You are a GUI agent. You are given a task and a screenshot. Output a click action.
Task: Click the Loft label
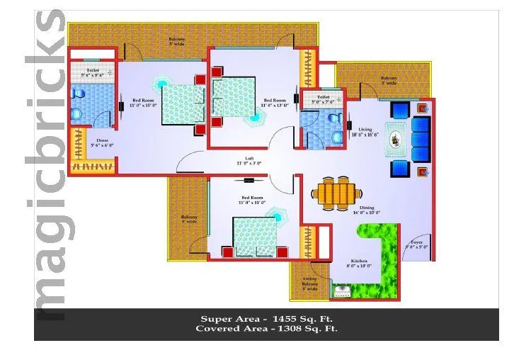(249, 160)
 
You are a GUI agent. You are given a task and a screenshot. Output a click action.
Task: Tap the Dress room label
(102, 142)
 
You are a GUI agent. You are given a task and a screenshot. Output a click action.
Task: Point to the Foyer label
(418, 244)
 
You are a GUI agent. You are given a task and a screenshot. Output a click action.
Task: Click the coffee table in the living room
(395, 139)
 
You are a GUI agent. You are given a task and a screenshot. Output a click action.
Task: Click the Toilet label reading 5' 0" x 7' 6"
(323, 100)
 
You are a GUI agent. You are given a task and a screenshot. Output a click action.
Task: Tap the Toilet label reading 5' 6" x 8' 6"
(93, 72)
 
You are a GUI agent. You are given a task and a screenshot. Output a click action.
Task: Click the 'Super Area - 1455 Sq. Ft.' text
(266, 318)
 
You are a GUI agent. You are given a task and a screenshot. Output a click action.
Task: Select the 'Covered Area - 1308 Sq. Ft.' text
(266, 329)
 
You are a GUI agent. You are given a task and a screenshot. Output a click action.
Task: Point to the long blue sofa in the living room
(421, 138)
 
